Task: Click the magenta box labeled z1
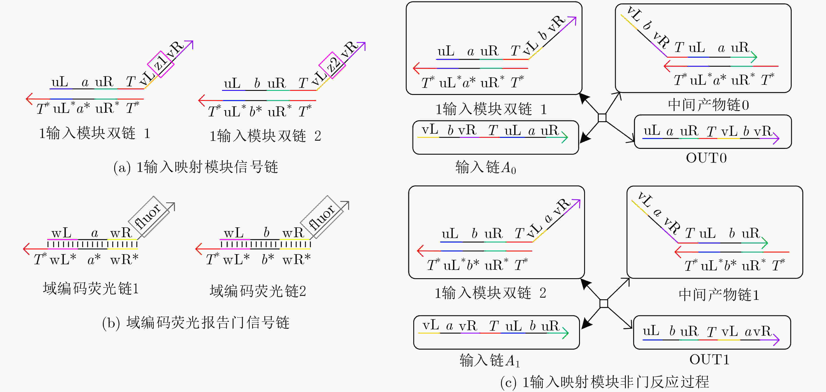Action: [x=161, y=64]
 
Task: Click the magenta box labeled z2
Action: [x=332, y=65]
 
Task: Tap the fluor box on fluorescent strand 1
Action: [x=149, y=217]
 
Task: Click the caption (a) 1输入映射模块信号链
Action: [x=196, y=167]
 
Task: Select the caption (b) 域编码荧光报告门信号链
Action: [x=196, y=323]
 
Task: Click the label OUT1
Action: [x=709, y=359]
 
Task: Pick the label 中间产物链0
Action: [x=708, y=105]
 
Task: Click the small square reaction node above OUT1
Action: [x=604, y=303]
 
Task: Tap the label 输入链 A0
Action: [x=486, y=167]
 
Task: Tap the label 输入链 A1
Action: [x=489, y=360]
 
